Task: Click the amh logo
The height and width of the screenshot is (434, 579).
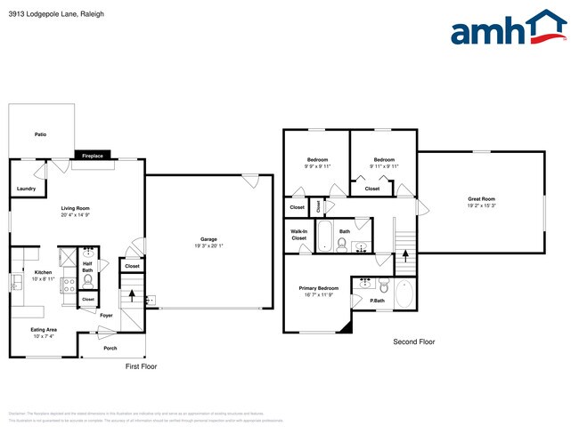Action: point(508,28)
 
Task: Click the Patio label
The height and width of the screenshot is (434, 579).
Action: point(40,134)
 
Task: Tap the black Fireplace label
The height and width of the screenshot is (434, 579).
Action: point(93,156)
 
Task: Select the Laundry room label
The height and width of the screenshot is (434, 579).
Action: point(26,188)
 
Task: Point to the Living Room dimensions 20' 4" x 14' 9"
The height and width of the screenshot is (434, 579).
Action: point(77,214)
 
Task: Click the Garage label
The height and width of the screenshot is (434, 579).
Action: point(208,239)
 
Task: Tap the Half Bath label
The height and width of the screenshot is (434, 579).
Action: point(88,266)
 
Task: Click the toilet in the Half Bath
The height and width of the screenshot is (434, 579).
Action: point(87,280)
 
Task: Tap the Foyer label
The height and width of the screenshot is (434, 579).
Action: point(105,316)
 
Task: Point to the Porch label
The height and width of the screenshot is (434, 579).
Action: point(110,348)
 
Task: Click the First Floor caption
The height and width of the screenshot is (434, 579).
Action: point(141,366)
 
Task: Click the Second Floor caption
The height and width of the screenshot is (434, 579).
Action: point(414,342)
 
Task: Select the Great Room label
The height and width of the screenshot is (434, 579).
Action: point(481,198)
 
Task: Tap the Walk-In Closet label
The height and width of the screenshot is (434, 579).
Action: point(298,235)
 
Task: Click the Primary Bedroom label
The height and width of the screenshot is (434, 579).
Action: point(318,288)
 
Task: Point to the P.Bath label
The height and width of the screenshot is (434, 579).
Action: point(377,301)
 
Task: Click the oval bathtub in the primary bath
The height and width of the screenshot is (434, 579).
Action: point(404,294)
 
